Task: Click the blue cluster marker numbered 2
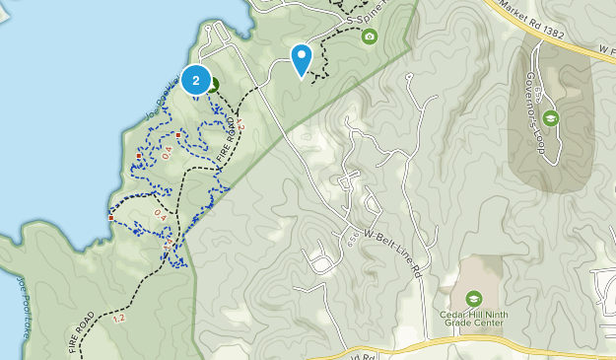(x=196, y=81)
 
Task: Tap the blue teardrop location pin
(x=302, y=57)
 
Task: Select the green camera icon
(x=370, y=36)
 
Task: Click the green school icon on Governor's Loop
(x=550, y=118)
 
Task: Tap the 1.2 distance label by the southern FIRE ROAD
(x=119, y=318)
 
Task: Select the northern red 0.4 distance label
(x=167, y=152)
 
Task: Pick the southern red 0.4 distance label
(x=160, y=211)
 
